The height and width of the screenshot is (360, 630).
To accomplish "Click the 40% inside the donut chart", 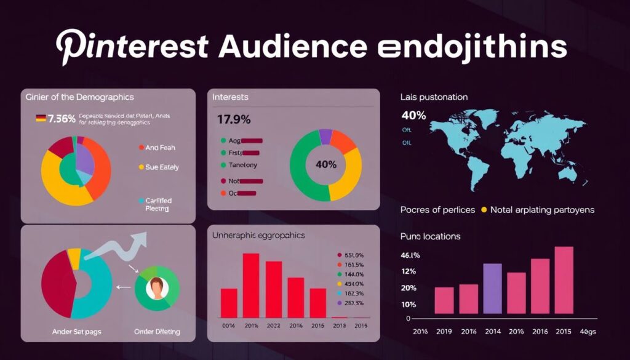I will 325,164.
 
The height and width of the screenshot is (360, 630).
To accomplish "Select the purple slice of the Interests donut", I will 325,135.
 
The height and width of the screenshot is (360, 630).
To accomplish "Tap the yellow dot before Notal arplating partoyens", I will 484,210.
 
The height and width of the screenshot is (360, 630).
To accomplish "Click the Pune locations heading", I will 430,236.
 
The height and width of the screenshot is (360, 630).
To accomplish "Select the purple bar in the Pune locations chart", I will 492,289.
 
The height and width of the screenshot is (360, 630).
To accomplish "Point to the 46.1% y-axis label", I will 410,255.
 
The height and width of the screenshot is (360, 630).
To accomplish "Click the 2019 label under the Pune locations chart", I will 444,331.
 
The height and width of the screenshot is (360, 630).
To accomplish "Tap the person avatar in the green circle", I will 156,288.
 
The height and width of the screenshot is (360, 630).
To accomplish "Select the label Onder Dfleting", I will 157,332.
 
